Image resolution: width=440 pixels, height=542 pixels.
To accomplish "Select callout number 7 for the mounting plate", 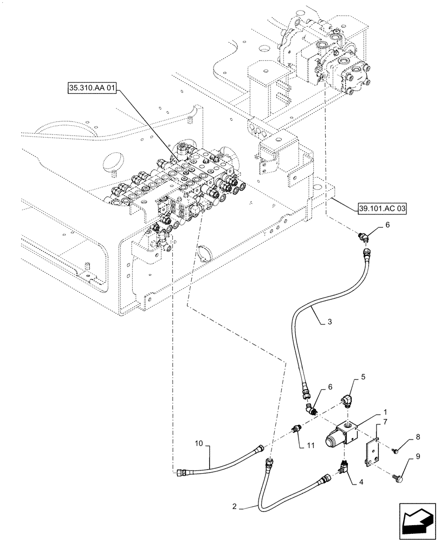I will click(x=385, y=421).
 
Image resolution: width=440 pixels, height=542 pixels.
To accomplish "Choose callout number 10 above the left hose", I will click(x=199, y=443).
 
